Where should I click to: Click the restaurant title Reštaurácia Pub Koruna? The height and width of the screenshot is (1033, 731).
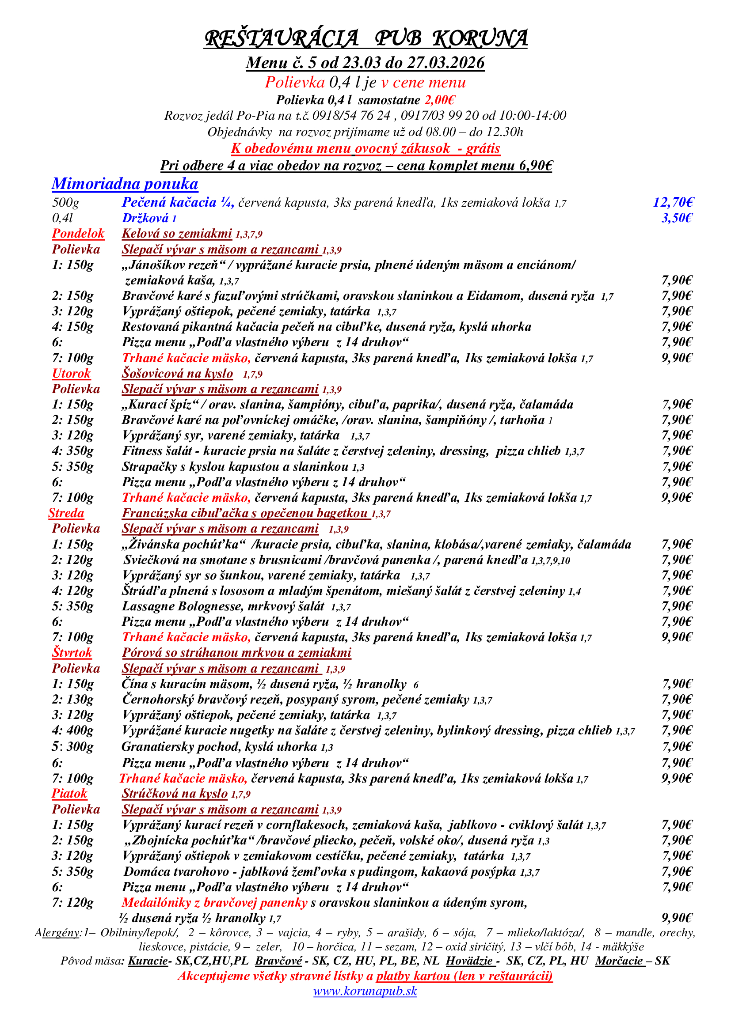click(365, 38)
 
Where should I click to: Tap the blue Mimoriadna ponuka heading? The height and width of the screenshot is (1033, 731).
click(125, 184)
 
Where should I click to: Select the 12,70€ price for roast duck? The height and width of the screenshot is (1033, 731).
click(673, 202)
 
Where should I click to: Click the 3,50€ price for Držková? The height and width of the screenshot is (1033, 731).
click(677, 218)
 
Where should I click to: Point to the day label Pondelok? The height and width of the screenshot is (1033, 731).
click(78, 234)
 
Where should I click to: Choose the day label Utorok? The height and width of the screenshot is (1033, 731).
click(71, 374)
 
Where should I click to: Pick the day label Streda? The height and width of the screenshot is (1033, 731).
click(66, 513)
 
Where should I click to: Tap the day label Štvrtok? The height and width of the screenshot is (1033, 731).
click(72, 652)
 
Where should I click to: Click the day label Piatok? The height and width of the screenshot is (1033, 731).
click(69, 793)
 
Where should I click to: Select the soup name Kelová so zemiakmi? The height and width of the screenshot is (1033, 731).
click(177, 234)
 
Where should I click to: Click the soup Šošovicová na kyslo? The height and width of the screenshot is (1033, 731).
click(177, 374)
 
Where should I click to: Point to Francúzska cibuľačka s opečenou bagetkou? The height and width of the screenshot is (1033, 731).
click(246, 513)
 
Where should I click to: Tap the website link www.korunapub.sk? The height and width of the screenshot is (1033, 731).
click(365, 991)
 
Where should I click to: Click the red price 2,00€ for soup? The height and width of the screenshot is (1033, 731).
click(439, 100)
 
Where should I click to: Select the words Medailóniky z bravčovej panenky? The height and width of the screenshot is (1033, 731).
click(214, 902)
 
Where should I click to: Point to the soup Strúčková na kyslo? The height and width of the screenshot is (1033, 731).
click(175, 793)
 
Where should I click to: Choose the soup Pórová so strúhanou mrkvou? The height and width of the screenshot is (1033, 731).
click(236, 652)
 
